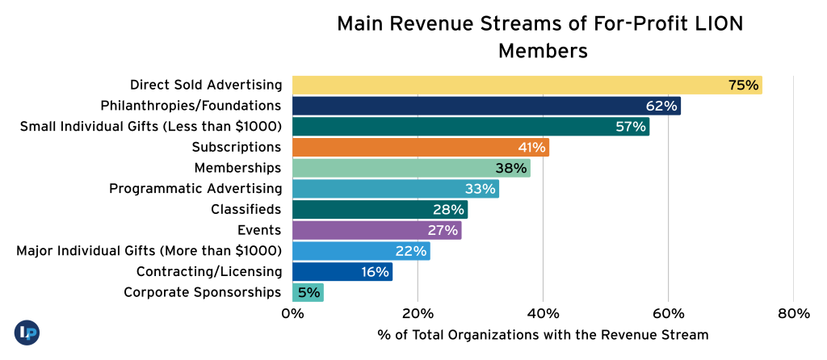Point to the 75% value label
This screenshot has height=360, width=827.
[743, 85]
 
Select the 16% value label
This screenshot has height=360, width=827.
[376, 272]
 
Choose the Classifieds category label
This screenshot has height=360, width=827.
[246, 209]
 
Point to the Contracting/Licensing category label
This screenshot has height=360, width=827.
[209, 271]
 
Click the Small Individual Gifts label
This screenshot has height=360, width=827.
[150, 126]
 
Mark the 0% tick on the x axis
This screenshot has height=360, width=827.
[292, 313]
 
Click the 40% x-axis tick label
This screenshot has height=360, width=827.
[543, 313]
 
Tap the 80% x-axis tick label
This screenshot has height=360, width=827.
[793, 313]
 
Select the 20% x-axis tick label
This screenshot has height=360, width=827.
[418, 313]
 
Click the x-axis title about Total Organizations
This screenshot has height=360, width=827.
[542, 334]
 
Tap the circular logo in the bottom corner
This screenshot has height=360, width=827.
[27, 333]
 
